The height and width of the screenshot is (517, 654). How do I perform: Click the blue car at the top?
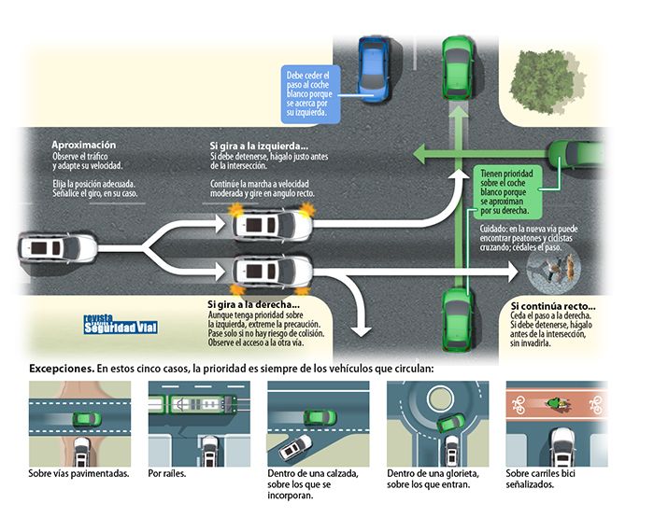pos(374,67)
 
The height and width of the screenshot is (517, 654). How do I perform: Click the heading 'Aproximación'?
pos(84,145)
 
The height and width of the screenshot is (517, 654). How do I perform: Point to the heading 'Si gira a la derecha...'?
pos(253,303)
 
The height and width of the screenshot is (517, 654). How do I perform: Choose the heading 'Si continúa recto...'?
pos(552,306)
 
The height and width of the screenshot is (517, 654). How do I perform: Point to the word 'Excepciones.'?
pos(62,368)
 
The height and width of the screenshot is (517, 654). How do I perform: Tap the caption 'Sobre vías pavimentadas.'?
pos(78,473)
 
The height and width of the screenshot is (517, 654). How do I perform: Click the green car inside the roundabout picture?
pos(449,424)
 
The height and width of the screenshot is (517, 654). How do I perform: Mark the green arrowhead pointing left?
pos(422,152)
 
